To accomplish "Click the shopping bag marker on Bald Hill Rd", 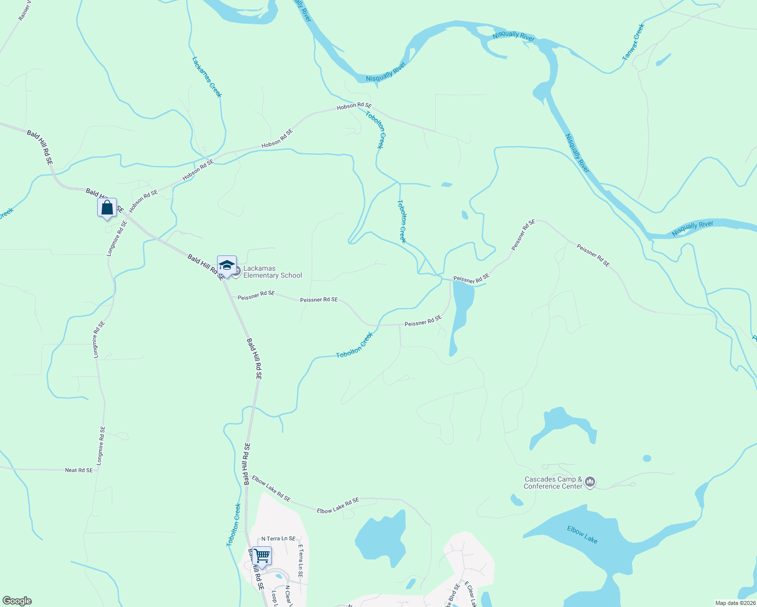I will pos(107,208).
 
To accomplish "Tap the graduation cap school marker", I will pos(227,266).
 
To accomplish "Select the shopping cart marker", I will pos(262,556).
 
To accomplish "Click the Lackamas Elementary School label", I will pos(272,272).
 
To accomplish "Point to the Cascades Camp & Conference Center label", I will pos(553,483).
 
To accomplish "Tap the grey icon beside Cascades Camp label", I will pos(590,483).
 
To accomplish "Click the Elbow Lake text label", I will pos(582,535).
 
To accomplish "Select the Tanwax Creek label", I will pos(633,42).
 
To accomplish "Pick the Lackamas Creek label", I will pos(207,77).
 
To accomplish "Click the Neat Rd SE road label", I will pos(79,470).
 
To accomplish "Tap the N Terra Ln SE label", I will pos(278,539).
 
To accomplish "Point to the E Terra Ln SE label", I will pos(300,561).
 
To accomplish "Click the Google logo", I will pos(17,601).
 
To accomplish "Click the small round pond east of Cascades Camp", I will pos(647,458).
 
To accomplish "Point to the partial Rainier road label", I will pos(24,10).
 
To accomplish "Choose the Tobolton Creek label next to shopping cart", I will pos(233,525).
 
